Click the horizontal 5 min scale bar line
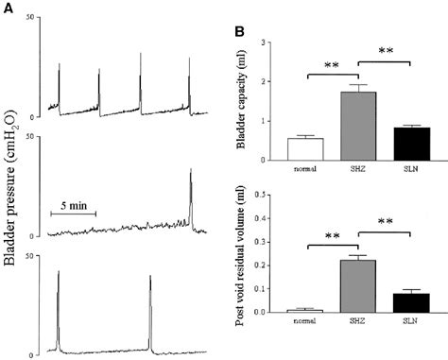[73, 214]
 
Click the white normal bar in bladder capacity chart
[304, 150]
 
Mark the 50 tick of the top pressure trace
[33, 19]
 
